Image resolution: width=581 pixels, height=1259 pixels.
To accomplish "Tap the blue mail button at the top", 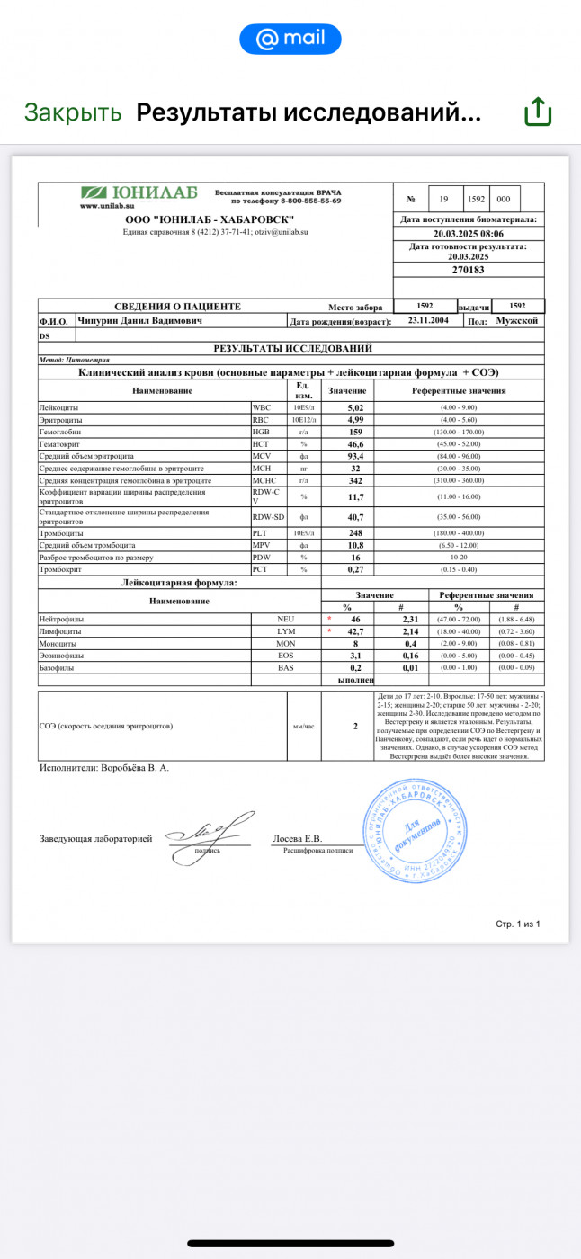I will click(x=290, y=39).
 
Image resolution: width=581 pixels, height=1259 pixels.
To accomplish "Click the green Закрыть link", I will click(x=73, y=112).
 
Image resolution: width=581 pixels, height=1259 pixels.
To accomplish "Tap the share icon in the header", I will click(x=537, y=112).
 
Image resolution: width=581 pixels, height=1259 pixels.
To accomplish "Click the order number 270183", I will click(x=468, y=270).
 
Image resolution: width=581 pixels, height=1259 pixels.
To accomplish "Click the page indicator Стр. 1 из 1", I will click(x=518, y=924).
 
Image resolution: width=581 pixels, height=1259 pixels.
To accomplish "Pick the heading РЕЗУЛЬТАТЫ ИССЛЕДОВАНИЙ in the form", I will click(x=292, y=348).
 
